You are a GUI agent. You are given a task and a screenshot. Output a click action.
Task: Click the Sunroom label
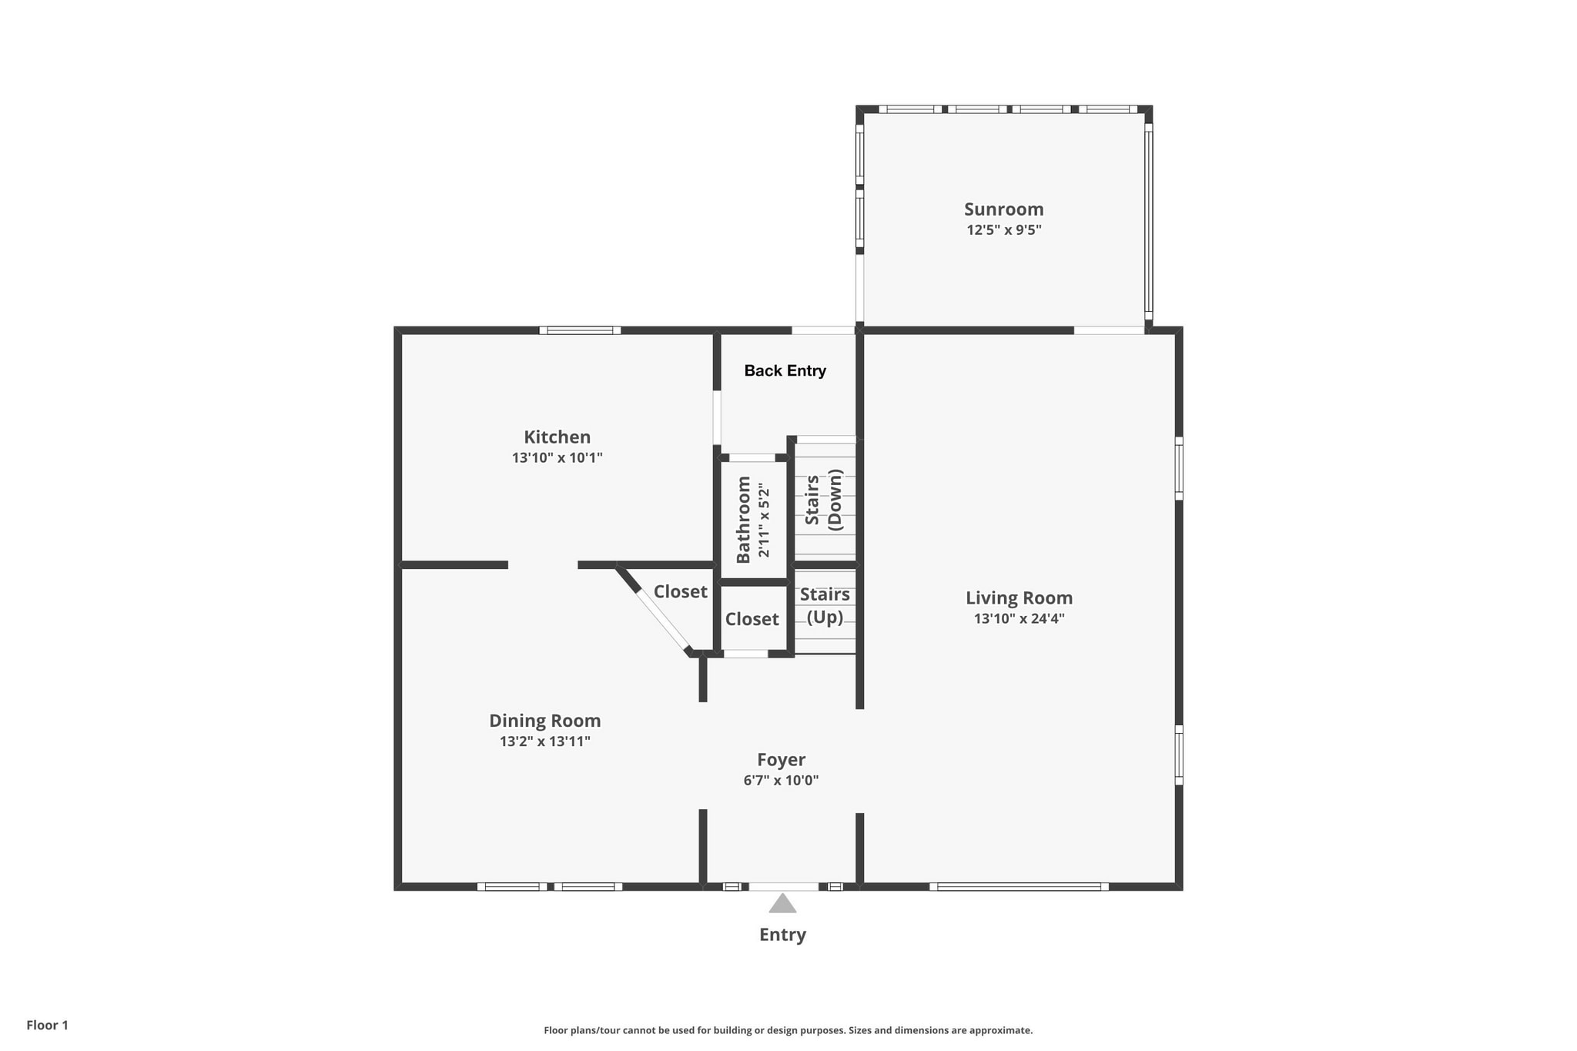(x=1003, y=209)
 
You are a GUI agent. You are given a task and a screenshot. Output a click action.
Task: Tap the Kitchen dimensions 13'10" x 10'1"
(x=557, y=457)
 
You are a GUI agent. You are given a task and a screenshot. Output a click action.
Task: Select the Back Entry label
(x=785, y=371)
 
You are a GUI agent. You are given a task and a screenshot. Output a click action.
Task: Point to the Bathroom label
(x=743, y=520)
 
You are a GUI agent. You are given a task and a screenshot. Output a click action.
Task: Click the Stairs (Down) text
(x=823, y=500)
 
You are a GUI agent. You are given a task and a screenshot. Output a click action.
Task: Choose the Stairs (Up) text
(x=824, y=605)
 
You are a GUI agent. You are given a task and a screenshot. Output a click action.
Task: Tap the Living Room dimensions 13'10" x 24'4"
(x=1019, y=618)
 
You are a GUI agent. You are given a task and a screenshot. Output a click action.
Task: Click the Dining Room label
(x=544, y=721)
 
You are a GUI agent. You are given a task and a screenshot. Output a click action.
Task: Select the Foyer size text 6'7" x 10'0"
(x=781, y=780)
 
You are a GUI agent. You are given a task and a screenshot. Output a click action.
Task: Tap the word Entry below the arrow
(x=782, y=935)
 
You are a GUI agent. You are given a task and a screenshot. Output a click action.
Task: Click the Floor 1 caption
(x=47, y=1025)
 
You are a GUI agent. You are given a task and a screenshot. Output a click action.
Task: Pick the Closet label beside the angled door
(x=680, y=591)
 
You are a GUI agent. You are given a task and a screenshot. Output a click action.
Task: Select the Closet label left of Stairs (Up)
(x=752, y=619)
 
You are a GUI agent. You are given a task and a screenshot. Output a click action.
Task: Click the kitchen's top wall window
(x=580, y=330)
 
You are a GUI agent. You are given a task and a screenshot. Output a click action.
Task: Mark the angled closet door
(x=662, y=621)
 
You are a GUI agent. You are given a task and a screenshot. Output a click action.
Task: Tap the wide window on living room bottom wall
(x=1019, y=886)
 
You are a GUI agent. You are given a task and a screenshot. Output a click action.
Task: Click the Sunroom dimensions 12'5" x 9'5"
(x=1003, y=229)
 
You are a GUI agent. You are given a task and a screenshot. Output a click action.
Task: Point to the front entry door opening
(x=783, y=886)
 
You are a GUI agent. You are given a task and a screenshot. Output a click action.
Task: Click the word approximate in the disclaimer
(x=999, y=1030)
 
